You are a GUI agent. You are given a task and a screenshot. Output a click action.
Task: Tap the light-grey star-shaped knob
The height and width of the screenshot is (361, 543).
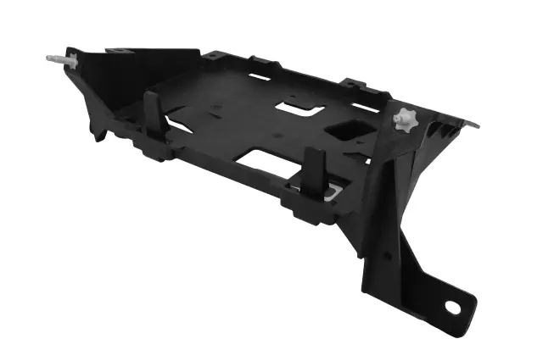(x=406, y=120)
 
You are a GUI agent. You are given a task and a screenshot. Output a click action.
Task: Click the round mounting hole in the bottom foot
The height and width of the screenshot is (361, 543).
(x=452, y=307)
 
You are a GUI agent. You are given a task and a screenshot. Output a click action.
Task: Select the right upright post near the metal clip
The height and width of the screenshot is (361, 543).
(x=312, y=170)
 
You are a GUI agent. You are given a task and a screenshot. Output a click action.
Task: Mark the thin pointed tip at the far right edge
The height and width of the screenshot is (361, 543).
(x=473, y=125)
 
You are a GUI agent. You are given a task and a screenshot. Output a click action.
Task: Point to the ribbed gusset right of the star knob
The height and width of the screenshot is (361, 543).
(x=441, y=134)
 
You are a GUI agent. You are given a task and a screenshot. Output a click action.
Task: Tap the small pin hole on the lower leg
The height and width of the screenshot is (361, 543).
(x=388, y=254)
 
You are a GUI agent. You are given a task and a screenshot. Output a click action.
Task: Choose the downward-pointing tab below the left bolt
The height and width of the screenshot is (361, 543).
(x=99, y=132)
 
